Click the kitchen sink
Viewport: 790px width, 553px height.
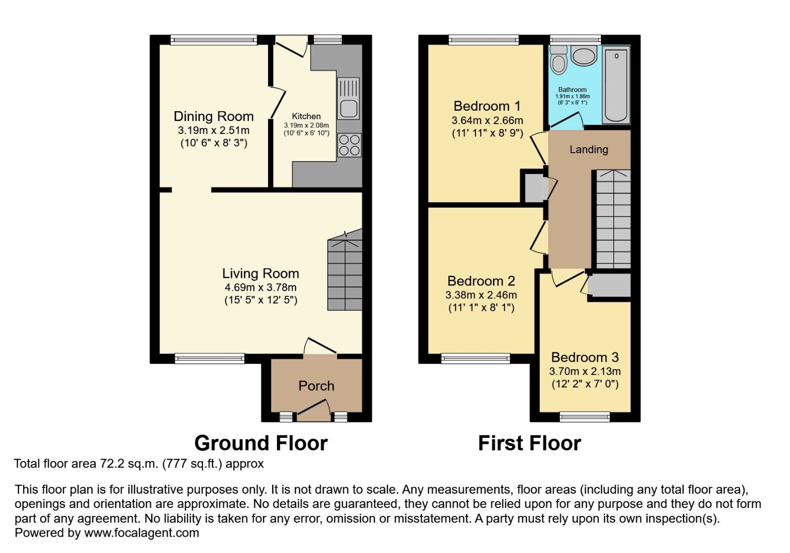pyautogui.click(x=349, y=99)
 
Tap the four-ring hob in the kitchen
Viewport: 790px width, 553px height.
pyautogui.click(x=349, y=145)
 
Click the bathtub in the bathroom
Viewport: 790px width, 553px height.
pyautogui.click(x=616, y=84)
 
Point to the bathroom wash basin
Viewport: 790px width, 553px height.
pyautogui.click(x=584, y=55)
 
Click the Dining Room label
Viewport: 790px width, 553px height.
pyautogui.click(x=214, y=117)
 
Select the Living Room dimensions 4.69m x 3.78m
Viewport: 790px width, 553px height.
pyautogui.click(x=261, y=288)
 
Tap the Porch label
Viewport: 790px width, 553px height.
pyautogui.click(x=316, y=386)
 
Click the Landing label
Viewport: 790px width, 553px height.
pyautogui.click(x=589, y=150)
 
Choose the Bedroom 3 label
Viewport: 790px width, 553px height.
pyautogui.click(x=585, y=357)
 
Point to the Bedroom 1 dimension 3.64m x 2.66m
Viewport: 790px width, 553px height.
pyautogui.click(x=487, y=121)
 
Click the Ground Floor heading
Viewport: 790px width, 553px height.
pyautogui.click(x=261, y=443)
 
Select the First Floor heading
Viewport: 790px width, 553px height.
pyautogui.click(x=529, y=443)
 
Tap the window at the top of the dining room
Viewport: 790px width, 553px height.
pyautogui.click(x=214, y=40)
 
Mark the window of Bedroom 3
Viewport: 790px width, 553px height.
pyautogui.click(x=585, y=417)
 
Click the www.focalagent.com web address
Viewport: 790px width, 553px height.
pyautogui.click(x=142, y=533)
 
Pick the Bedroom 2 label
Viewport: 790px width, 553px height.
pyautogui.click(x=481, y=281)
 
